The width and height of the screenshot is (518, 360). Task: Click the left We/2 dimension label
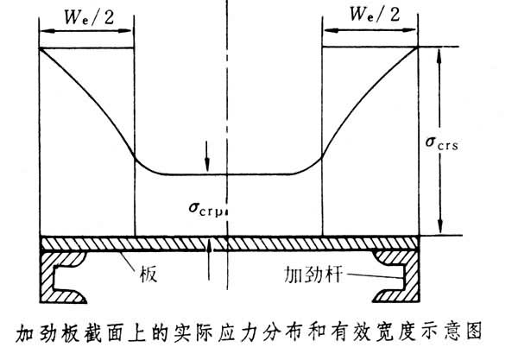click(x=86, y=15)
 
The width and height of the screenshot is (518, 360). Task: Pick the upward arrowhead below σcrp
click(x=208, y=244)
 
